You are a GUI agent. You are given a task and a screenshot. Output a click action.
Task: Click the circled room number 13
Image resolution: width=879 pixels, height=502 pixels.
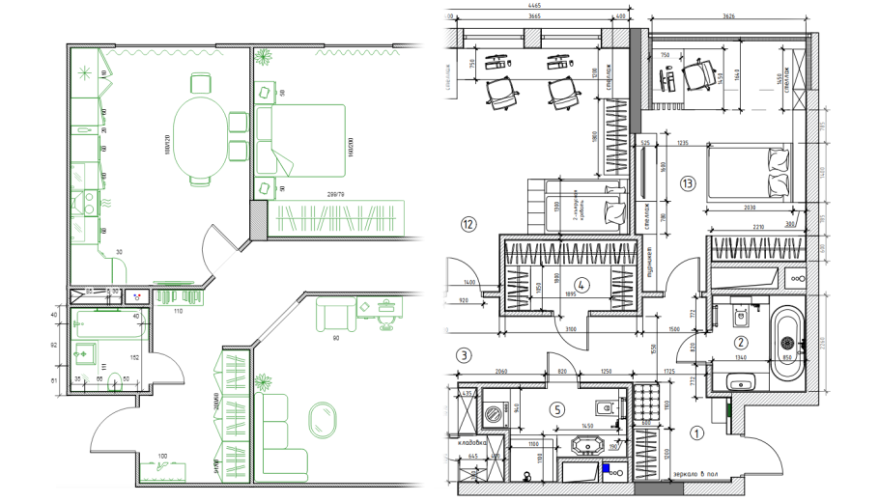tap(688, 182)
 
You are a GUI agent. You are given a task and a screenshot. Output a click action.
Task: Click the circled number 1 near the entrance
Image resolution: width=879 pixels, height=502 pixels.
tap(696, 433)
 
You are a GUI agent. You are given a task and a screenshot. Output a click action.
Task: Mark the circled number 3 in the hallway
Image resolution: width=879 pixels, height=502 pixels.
tap(465, 355)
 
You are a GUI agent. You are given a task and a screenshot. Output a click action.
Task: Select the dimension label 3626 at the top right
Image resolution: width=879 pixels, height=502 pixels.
tap(728, 15)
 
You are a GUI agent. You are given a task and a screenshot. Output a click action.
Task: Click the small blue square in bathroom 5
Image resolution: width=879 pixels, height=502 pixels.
tap(607, 470)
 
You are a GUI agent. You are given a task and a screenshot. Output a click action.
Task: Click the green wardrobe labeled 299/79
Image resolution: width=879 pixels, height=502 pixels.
tap(339, 216)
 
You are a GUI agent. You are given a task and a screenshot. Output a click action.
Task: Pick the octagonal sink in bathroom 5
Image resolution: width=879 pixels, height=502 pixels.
tap(587, 447)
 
